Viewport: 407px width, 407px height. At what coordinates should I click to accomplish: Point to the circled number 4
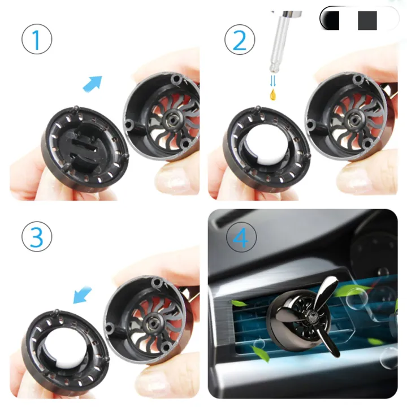pyautogui.click(x=240, y=238)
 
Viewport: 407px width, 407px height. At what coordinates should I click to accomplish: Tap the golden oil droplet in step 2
pyautogui.click(x=274, y=92)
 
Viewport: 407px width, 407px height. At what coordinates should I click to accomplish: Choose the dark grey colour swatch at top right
pyautogui.click(x=367, y=20)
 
